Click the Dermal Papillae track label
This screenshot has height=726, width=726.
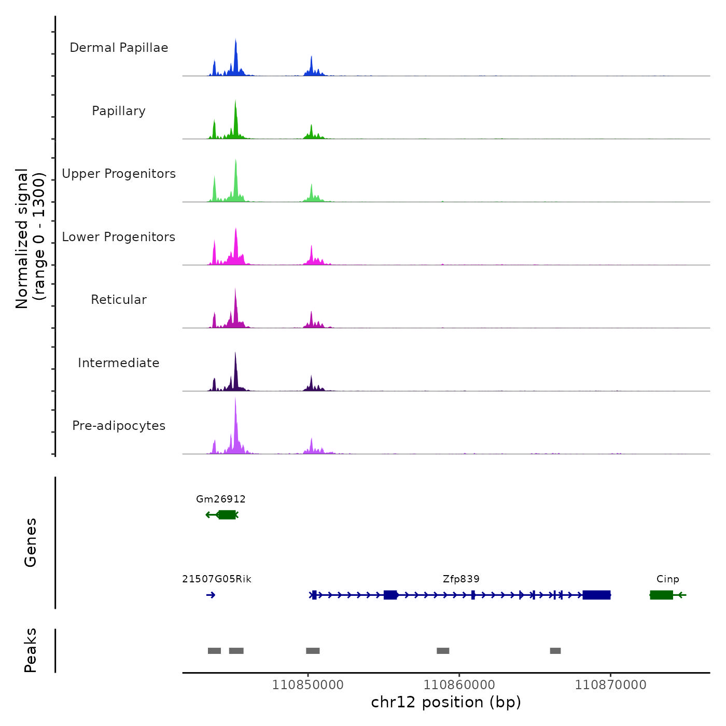[119, 48]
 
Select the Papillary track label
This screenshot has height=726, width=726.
[119, 111]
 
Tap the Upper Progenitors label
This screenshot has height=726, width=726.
[119, 174]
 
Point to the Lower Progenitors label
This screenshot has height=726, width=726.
[119, 237]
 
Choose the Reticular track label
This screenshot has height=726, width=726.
[119, 300]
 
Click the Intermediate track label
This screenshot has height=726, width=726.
[119, 363]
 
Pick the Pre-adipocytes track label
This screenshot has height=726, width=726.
[119, 426]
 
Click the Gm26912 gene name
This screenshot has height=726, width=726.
[221, 499]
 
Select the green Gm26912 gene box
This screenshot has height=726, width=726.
[227, 515]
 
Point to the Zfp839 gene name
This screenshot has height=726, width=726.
[461, 579]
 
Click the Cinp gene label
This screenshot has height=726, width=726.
[667, 579]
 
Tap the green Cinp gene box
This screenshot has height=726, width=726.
[662, 595]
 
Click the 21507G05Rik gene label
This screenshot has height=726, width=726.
[217, 579]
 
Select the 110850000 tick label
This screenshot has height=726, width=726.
[308, 685]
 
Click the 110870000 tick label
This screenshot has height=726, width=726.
[610, 685]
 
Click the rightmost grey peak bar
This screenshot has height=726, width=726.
[555, 651]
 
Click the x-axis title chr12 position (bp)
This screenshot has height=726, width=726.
[446, 702]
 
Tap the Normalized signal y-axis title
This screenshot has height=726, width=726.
[30, 239]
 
